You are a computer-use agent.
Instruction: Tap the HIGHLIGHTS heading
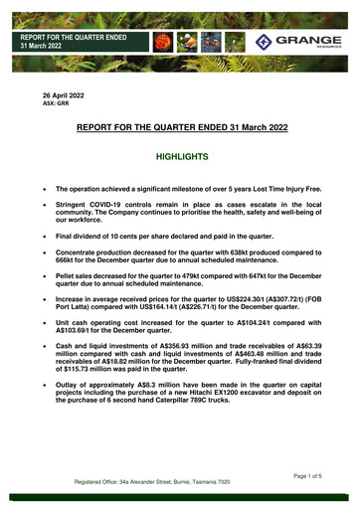coord(179,157)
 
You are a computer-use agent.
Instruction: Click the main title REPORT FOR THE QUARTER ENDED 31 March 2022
coord(179,127)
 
